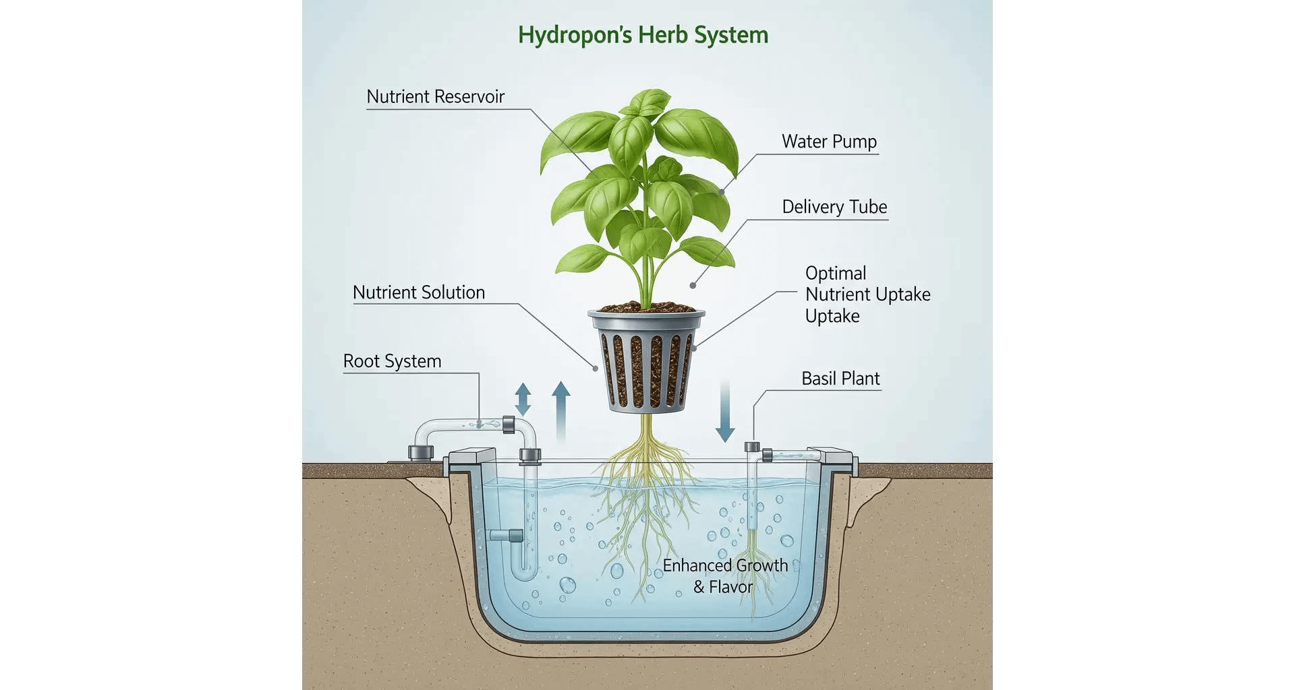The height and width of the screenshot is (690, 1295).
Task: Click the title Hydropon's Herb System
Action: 643,35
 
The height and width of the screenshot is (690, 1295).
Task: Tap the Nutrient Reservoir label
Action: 435,97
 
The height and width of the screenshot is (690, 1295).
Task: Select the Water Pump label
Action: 829,142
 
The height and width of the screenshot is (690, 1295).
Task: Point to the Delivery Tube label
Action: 834,207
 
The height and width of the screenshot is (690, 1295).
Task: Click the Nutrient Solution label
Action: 419,292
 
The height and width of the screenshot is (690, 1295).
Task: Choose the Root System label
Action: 392,361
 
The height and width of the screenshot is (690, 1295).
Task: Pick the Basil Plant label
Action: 840,379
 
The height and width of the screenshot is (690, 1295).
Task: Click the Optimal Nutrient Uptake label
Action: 867,294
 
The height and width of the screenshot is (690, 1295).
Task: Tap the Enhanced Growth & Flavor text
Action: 725,576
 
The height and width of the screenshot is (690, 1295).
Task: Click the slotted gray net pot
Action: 646,361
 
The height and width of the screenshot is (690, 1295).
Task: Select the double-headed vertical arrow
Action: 523,399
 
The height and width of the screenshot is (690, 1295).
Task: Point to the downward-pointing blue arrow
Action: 725,411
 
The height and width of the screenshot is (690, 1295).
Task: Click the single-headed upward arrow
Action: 561,411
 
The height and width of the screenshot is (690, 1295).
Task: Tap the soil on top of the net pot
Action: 645,307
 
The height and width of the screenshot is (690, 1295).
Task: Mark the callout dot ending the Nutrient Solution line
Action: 595,369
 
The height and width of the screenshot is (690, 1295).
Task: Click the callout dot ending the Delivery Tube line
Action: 693,286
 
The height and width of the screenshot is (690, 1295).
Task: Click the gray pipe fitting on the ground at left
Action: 420,452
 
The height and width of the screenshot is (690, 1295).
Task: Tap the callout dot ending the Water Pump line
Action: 722,192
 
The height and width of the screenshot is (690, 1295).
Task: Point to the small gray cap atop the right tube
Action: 752,447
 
